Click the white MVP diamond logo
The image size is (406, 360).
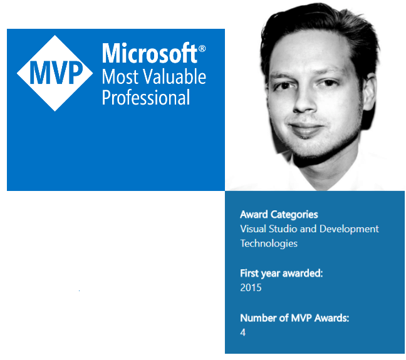[56, 73]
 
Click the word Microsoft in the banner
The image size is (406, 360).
[149, 54]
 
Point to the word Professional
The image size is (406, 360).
[146, 98]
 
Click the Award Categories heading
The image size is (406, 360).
[279, 215]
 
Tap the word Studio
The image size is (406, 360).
[284, 229]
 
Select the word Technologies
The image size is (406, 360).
[269, 243]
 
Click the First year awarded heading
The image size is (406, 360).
[281, 274]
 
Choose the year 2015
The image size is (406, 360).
[251, 288]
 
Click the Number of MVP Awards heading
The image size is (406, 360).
[294, 318]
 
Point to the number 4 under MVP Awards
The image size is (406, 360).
[243, 332]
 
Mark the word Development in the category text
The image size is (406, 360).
[348, 229]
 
